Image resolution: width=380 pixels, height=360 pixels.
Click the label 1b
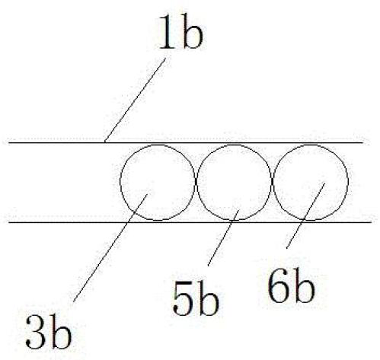pos(180,32)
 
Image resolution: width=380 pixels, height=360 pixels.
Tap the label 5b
pos(195,298)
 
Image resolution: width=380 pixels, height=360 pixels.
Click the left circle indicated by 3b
pos(120,181)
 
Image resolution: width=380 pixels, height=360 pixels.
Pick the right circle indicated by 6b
pos(348,181)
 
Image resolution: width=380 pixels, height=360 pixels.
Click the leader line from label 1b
pos(135,100)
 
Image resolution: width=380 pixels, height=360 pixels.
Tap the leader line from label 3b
pos(110,248)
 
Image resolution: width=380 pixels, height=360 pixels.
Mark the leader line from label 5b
pos(223,237)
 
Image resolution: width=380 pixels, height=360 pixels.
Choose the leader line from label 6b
pos(305,215)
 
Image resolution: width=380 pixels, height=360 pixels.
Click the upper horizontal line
pos(186,143)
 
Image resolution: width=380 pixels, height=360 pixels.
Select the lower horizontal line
pos(190,222)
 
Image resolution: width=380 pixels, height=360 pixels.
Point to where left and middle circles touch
pos(196,181)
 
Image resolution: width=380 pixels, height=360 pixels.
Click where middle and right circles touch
pos(273,181)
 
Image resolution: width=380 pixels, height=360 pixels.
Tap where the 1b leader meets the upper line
pos(105,142)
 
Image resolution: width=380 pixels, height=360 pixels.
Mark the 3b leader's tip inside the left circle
pos(147,194)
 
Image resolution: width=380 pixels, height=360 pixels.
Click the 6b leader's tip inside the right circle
pos(324,183)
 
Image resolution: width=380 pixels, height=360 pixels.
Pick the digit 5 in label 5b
pos(183,299)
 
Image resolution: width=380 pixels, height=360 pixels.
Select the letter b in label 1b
pos(192,32)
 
